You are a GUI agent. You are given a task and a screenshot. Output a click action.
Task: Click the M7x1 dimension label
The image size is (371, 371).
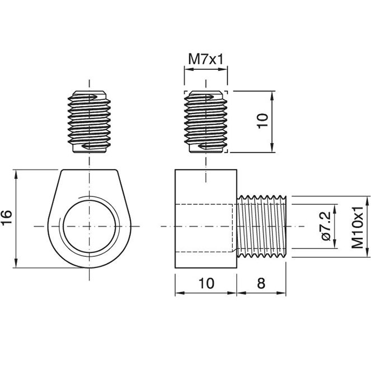(x=205, y=59)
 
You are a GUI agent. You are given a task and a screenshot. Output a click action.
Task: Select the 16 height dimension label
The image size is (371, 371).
(x=7, y=217)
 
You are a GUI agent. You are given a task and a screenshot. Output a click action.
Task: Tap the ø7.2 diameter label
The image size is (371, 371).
(x=326, y=226)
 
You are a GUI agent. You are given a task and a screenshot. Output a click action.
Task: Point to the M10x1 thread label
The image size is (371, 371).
(x=357, y=227)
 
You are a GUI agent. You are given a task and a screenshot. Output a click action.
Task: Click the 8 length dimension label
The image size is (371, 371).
(x=261, y=283)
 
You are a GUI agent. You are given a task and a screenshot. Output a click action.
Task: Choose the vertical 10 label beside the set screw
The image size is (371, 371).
(x=262, y=121)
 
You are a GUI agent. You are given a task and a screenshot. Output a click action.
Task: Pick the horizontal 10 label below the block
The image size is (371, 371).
(x=206, y=283)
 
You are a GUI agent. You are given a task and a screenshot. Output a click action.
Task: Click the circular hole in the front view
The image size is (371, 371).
(x=90, y=227)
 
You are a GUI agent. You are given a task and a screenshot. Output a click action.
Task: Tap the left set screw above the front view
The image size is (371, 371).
(x=89, y=121)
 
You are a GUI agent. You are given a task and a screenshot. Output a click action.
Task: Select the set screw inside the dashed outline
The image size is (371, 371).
(x=206, y=121)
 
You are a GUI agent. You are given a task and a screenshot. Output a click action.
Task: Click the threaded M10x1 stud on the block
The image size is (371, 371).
(x=261, y=227)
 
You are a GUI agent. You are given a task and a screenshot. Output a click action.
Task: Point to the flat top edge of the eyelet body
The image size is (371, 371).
(x=89, y=170)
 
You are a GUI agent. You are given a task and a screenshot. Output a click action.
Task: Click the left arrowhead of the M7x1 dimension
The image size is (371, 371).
(x=189, y=69)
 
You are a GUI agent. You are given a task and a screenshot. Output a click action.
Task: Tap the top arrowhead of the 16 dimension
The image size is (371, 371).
(x=16, y=174)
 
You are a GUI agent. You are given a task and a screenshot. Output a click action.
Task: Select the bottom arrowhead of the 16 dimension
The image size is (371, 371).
(x=16, y=264)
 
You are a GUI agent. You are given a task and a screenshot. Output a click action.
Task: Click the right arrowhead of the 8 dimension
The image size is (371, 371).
(x=281, y=293)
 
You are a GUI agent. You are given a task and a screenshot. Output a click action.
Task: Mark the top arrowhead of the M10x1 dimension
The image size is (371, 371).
(x=367, y=200)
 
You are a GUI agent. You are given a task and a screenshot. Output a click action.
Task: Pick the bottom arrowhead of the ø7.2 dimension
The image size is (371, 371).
(x=335, y=244)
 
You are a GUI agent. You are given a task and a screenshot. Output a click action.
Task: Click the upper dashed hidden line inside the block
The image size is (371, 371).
(x=204, y=204)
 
